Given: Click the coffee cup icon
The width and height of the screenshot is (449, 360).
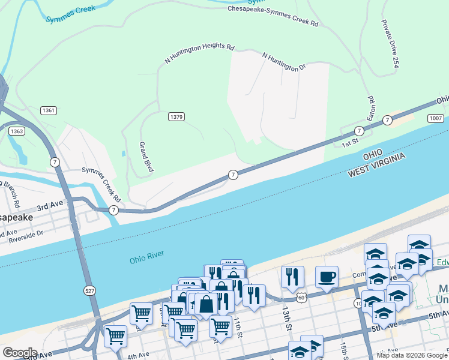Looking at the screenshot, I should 327,277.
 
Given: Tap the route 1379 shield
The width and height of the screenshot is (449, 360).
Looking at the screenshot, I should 176,117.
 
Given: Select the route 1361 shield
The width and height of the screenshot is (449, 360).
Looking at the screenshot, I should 49,111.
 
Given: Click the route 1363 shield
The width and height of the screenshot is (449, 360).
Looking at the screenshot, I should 17,131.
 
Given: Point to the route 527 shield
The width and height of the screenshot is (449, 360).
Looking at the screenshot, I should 89,291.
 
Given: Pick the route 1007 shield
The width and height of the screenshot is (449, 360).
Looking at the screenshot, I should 436,119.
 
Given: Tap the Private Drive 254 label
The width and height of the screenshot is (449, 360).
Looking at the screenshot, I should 389,43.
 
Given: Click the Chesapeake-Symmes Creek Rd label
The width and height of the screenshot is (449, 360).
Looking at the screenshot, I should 273,16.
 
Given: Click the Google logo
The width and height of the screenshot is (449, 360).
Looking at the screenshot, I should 19,353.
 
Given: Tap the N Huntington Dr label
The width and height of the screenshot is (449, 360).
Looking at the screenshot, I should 284,62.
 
